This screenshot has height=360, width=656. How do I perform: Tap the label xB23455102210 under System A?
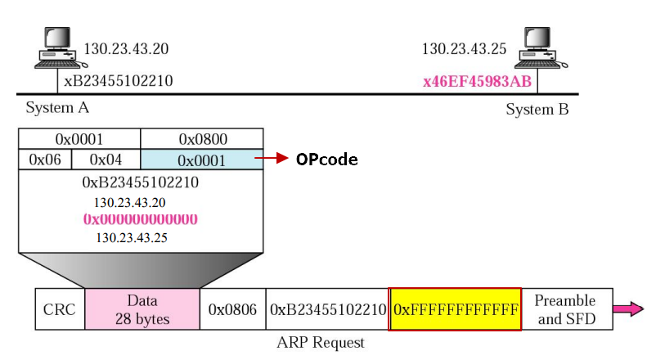(x=119, y=82)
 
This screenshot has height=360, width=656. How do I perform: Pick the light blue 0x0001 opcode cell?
(x=201, y=160)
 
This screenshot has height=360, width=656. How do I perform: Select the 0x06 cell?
(x=45, y=160)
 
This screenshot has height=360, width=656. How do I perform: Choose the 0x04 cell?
(x=106, y=160)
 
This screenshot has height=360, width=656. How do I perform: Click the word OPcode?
(x=326, y=160)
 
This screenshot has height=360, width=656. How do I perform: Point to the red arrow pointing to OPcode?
(x=274, y=159)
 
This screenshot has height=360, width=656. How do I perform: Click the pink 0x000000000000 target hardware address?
(x=140, y=219)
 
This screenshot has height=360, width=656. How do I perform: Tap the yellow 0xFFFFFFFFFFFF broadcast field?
(x=456, y=309)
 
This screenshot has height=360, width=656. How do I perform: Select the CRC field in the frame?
(x=60, y=309)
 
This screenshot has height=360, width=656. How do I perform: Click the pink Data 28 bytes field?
(x=142, y=309)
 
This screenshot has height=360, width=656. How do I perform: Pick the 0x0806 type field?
(x=232, y=309)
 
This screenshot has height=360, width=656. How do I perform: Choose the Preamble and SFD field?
(x=565, y=309)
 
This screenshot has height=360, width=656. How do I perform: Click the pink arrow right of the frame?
(x=628, y=308)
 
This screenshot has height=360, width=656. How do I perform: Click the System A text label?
(x=57, y=108)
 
